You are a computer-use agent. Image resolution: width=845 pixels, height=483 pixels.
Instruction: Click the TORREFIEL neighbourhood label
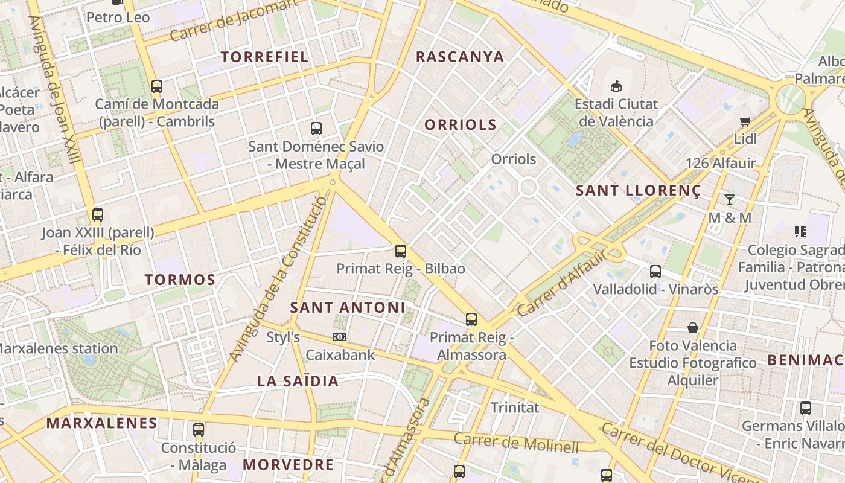pyautogui.click(x=264, y=57)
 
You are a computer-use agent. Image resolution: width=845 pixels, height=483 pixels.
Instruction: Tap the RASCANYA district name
pyautogui.click(x=460, y=57)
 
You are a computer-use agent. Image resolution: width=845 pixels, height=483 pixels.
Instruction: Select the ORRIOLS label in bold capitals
pyautogui.click(x=461, y=125)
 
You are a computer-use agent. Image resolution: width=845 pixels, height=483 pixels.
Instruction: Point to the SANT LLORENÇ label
pyautogui.click(x=639, y=191)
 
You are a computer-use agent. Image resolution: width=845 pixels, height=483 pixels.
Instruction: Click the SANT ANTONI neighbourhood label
pyautogui.click(x=348, y=307)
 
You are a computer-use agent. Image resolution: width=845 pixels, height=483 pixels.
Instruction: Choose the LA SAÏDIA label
pyautogui.click(x=298, y=381)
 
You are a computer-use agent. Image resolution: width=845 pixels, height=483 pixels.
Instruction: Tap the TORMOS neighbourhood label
pyautogui.click(x=180, y=280)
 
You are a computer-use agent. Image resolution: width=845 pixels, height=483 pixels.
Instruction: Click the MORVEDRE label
pyautogui.click(x=289, y=464)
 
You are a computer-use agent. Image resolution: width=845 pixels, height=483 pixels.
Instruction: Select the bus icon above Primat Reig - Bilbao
pyautogui.click(x=401, y=251)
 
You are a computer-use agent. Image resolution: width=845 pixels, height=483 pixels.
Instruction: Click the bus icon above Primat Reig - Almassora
pyautogui.click(x=471, y=319)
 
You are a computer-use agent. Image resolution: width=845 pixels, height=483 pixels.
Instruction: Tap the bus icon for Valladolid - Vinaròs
pyautogui.click(x=655, y=272)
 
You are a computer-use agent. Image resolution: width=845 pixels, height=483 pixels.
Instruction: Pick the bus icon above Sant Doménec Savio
pyautogui.click(x=316, y=128)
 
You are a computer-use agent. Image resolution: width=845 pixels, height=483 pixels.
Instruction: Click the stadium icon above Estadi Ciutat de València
pyautogui.click(x=616, y=86)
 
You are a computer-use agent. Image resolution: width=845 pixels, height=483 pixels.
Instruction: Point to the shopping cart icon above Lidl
pyautogui.click(x=745, y=121)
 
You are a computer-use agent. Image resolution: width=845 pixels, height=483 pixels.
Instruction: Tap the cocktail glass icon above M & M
pyautogui.click(x=730, y=199)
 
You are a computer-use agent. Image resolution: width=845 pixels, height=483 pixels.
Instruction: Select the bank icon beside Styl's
pyautogui.click(x=340, y=337)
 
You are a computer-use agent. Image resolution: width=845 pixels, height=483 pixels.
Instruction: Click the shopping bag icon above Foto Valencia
pyautogui.click(x=693, y=328)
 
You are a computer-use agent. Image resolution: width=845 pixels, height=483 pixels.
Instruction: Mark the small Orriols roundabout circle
pyautogui.click(x=528, y=187)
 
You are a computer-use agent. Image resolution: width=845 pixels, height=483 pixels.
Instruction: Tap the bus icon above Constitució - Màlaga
pyautogui.click(x=199, y=430)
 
